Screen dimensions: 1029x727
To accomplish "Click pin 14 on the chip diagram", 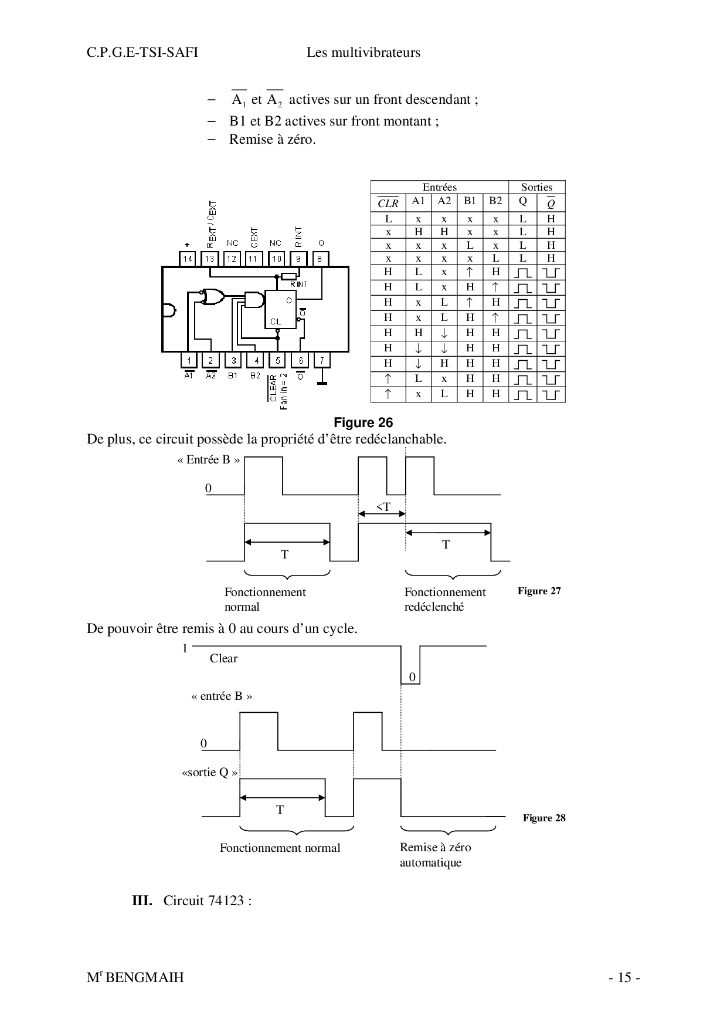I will (188, 258).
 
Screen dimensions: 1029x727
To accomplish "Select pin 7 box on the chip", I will (321, 360).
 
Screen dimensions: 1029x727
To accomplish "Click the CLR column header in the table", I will (388, 203).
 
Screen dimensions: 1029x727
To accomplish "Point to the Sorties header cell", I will (536, 187).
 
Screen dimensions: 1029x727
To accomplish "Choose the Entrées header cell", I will (439, 187).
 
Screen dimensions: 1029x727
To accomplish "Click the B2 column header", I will (495, 201).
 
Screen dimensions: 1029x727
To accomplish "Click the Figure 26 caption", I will (363, 422).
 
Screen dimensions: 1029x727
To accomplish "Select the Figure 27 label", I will (539, 591).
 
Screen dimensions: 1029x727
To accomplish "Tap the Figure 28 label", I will (544, 818).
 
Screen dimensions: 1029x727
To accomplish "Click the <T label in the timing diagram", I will (383, 507).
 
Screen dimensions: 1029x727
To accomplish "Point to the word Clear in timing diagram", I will (223, 658).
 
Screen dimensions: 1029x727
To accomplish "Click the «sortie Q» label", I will (210, 772).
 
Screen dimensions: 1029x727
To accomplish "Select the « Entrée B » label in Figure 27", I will (208, 460).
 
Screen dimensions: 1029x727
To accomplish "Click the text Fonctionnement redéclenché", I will (444, 600).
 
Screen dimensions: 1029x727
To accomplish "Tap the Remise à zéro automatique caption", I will (435, 855).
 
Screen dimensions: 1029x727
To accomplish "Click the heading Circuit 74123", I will (207, 901).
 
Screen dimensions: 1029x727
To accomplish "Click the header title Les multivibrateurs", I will (363, 53).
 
